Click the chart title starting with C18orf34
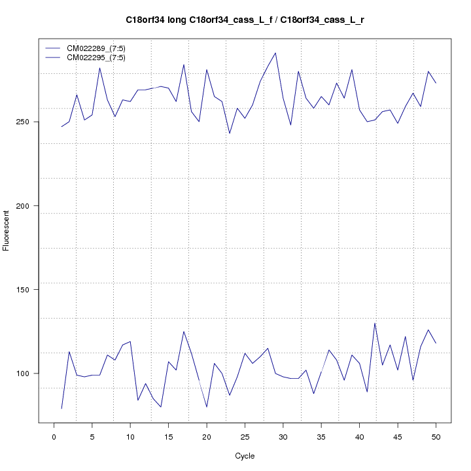pos(245,20)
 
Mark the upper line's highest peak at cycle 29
pos(275,53)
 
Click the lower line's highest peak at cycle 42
pos(375,323)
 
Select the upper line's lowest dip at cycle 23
pos(230,133)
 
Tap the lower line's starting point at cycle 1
pos(61,409)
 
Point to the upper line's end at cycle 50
pos(436,83)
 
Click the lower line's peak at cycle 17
pos(184,331)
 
